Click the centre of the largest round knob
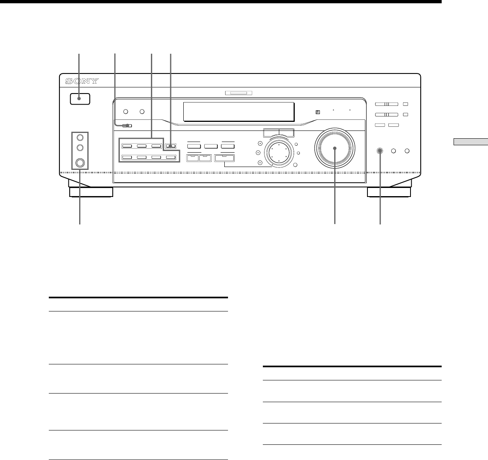click(335, 148)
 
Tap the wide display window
click(239, 112)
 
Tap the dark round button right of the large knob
click(380, 151)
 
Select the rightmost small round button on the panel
click(407, 151)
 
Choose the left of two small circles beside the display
click(126, 111)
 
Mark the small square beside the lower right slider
click(405, 115)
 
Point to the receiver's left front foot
click(91, 192)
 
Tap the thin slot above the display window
click(239, 92)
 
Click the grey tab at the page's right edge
click(471, 142)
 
